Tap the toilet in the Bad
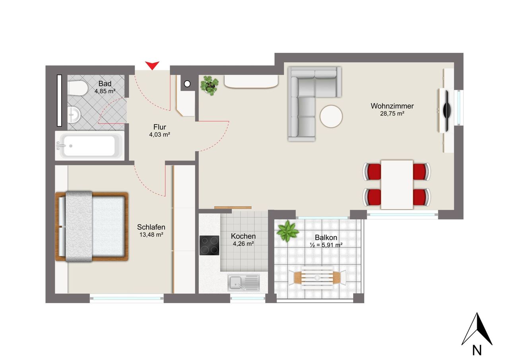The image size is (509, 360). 78,88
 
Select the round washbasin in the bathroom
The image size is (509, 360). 74,115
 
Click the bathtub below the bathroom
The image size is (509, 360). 89,146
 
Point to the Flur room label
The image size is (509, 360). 159,127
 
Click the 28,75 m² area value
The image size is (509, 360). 392,114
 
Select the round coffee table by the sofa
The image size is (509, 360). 331,117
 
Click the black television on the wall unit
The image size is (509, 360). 447,111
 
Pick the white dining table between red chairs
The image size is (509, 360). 397,185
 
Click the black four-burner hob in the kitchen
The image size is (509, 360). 209,245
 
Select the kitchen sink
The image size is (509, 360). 243,282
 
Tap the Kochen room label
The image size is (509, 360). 243,236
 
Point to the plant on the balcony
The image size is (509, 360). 288,231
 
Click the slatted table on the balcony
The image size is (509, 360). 317,278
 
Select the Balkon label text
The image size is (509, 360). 326,237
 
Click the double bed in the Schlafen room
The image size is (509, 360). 92,226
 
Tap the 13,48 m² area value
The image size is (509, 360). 151,235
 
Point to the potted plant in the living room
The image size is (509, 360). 209,86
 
